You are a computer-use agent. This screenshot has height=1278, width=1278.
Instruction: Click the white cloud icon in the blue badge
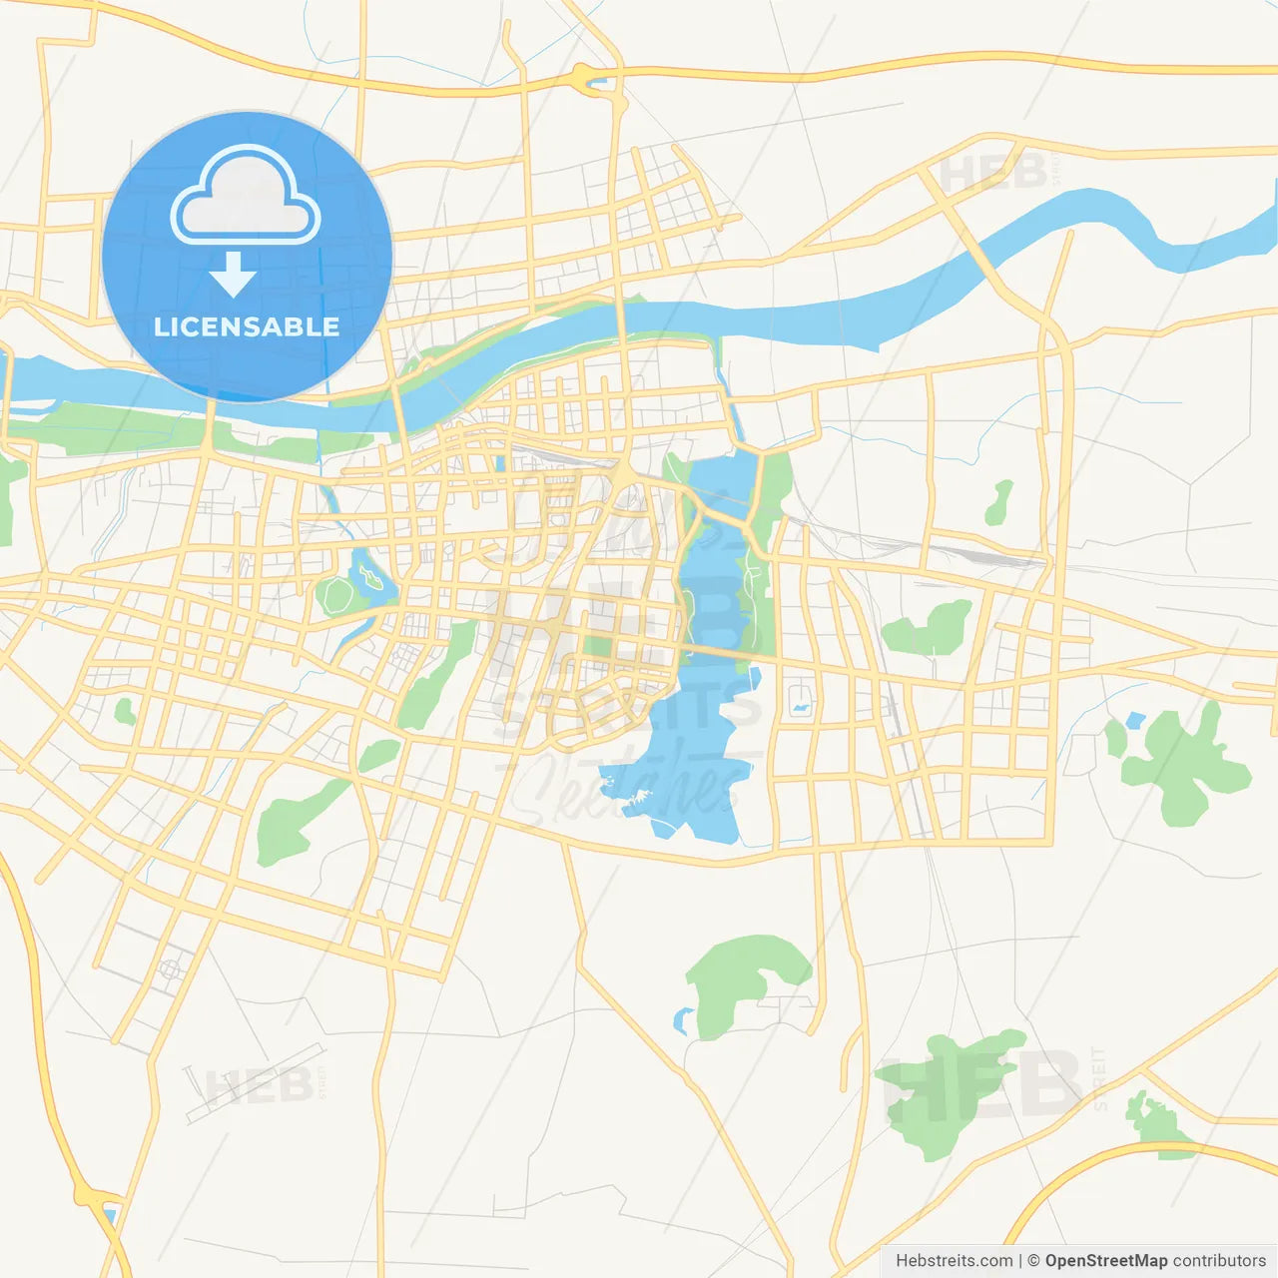coord(246,196)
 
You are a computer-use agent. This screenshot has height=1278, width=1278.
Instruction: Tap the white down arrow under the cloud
coord(233,275)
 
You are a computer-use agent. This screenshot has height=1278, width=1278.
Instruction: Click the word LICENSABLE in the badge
coord(247,326)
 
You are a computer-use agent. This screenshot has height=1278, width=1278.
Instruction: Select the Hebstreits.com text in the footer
coord(954,1261)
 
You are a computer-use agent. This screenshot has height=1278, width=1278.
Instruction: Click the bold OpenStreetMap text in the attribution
coord(1105,1261)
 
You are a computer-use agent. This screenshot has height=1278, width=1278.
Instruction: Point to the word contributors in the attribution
coord(1219,1261)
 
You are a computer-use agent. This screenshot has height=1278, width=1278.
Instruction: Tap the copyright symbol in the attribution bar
coord(1033,1261)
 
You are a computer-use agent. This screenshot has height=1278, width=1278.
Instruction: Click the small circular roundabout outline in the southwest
coord(170,968)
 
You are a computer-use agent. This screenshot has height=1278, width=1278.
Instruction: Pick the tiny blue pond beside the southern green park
coord(683,1021)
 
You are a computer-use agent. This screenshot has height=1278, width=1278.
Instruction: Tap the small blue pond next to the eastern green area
coord(1135,720)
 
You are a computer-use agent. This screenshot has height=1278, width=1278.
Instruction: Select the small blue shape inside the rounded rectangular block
coord(801,707)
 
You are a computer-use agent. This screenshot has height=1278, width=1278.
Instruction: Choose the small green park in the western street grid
coord(125,712)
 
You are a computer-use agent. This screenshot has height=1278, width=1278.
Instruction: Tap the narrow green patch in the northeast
coord(998,502)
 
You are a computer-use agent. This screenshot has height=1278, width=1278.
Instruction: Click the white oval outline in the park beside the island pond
coord(335,595)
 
